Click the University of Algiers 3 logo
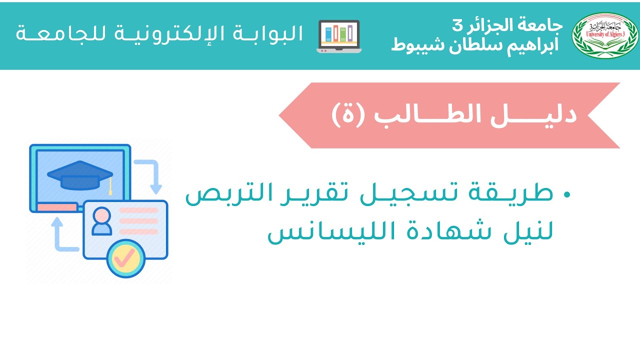point(604,35)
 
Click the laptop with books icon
point(339,36)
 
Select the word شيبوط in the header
point(413,45)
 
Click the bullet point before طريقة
point(566,194)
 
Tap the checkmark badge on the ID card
point(125,258)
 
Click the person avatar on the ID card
point(102,220)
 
